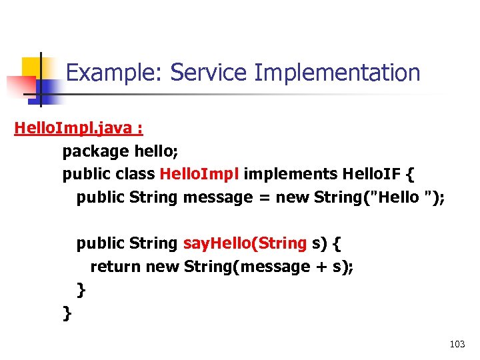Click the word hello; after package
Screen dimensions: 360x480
coord(155,152)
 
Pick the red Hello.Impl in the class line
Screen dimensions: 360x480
coord(199,175)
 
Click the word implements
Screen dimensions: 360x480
coord(290,175)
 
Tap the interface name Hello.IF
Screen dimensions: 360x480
coord(370,175)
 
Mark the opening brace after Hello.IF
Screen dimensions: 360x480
coord(409,175)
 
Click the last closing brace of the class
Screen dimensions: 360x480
coord(67,313)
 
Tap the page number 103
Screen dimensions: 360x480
coord(457,345)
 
